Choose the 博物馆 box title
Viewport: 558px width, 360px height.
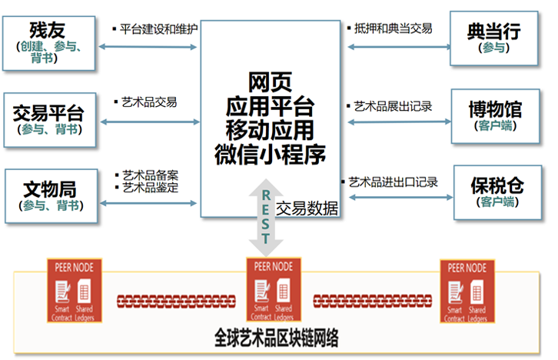(496, 108)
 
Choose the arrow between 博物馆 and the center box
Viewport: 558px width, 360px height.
(397, 120)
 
